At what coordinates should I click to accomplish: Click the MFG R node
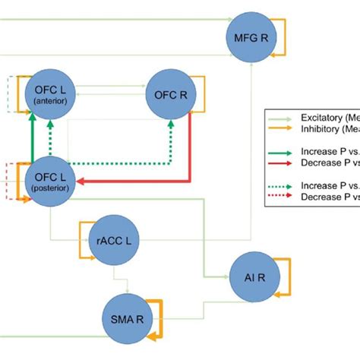(x=249, y=35)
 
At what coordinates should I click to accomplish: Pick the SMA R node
(x=126, y=319)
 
